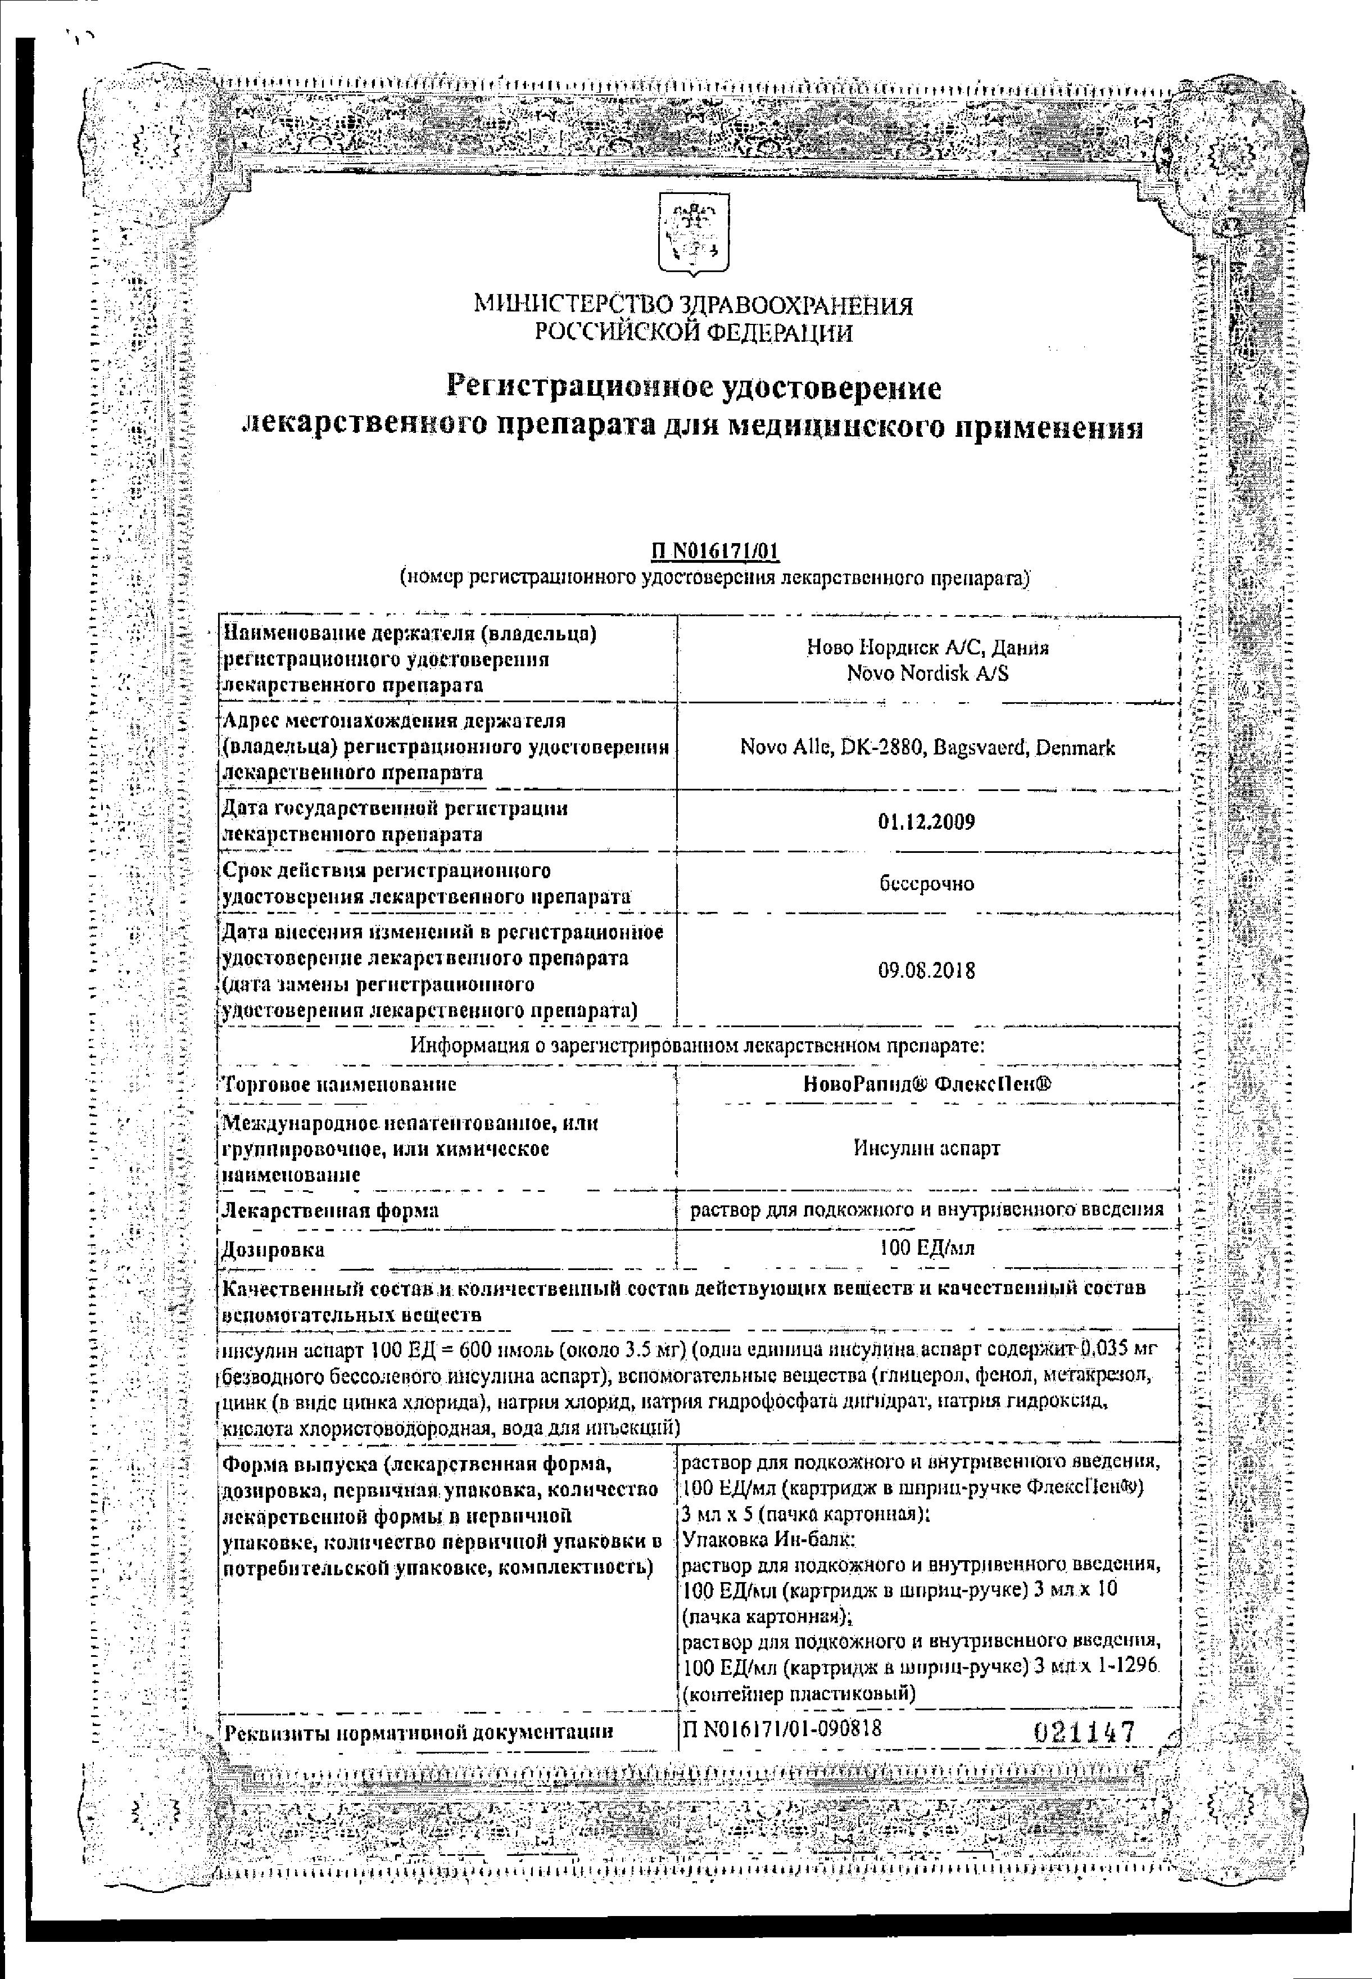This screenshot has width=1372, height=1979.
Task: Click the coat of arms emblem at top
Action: click(693, 234)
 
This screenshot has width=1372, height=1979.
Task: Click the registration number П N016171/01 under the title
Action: click(713, 551)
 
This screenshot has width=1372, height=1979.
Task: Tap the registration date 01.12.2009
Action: click(927, 822)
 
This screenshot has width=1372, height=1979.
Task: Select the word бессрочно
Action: click(927, 884)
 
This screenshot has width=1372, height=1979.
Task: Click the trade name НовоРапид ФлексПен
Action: click(927, 1084)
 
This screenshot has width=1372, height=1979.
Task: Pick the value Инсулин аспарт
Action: click(927, 1147)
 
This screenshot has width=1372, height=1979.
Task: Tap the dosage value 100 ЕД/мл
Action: click(927, 1248)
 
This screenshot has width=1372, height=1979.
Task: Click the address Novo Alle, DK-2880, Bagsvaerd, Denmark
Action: click(927, 748)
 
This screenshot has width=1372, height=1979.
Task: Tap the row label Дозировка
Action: click(273, 1249)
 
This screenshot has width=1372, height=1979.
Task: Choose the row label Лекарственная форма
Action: click(330, 1210)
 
